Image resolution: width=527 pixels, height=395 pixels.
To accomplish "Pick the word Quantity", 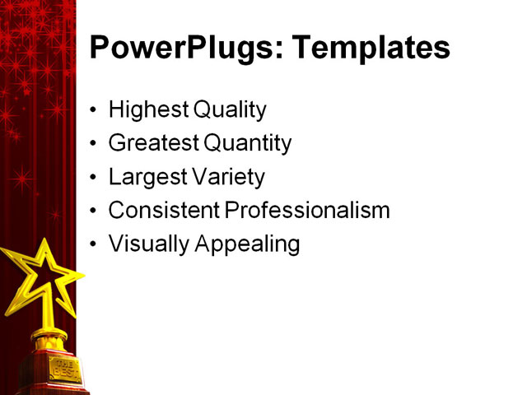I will (248, 143).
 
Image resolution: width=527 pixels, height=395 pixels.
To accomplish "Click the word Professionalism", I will (307, 211).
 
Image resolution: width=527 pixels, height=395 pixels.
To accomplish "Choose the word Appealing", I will (247, 244).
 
